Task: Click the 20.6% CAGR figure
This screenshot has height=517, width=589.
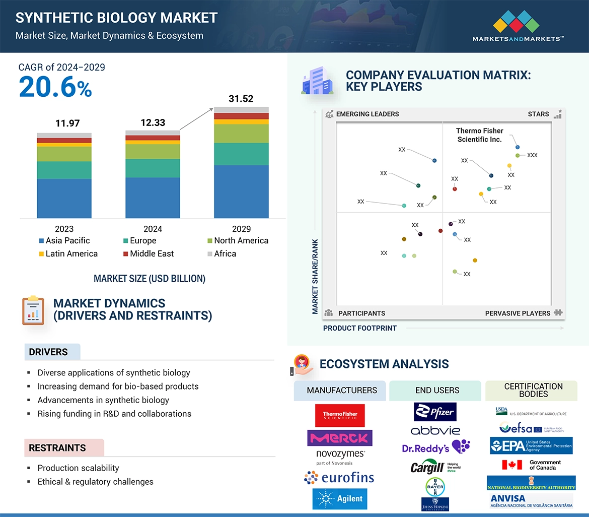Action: click(55, 87)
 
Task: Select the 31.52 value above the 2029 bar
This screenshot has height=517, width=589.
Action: click(241, 99)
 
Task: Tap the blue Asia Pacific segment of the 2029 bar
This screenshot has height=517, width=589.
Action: click(241, 191)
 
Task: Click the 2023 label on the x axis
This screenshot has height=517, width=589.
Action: click(64, 229)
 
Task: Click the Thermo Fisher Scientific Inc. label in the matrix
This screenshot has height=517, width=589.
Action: click(479, 135)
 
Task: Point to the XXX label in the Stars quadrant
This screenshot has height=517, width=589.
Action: click(532, 155)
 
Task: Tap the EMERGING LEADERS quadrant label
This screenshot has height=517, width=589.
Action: click(367, 114)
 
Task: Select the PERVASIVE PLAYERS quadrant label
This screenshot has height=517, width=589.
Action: click(518, 313)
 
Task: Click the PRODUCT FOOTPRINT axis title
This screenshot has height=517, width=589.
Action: click(359, 328)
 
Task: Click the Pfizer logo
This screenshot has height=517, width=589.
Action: click(435, 412)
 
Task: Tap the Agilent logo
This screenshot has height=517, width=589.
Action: click(340, 499)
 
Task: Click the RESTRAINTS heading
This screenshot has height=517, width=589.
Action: click(57, 447)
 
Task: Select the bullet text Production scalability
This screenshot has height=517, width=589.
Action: click(79, 468)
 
